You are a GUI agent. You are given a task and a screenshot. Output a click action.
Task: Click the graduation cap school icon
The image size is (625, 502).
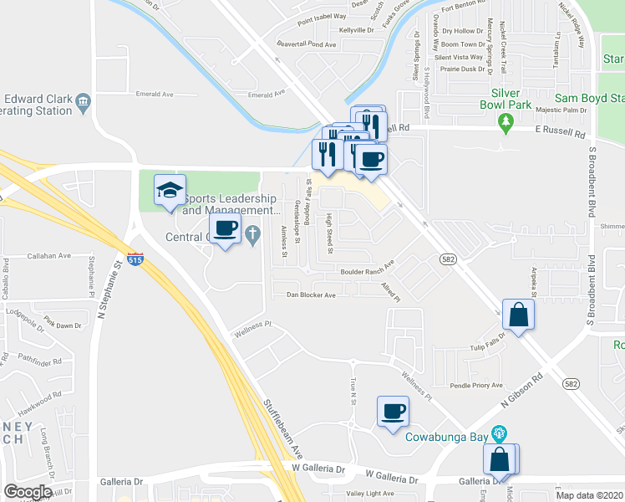tap(170, 190)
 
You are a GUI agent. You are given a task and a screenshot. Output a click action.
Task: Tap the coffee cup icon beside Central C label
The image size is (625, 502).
tap(225, 228)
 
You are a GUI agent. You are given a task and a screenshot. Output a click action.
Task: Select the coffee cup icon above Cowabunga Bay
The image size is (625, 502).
tap(393, 412)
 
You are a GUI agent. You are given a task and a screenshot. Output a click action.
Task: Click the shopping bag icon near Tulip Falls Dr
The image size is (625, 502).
tap(518, 315)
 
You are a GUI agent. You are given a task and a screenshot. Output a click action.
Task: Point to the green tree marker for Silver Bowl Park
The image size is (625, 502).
tap(505, 124)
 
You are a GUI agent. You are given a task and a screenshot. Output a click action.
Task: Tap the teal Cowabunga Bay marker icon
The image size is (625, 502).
tap(500, 433)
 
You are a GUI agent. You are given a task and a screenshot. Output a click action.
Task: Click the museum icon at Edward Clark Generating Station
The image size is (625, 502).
tap(83, 103)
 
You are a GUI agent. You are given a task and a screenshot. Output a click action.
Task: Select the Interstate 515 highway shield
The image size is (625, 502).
tap(135, 261)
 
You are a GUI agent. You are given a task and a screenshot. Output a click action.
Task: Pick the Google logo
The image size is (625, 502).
tap(28, 491)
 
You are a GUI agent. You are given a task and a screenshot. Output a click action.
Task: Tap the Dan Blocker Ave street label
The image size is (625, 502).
tap(311, 295)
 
